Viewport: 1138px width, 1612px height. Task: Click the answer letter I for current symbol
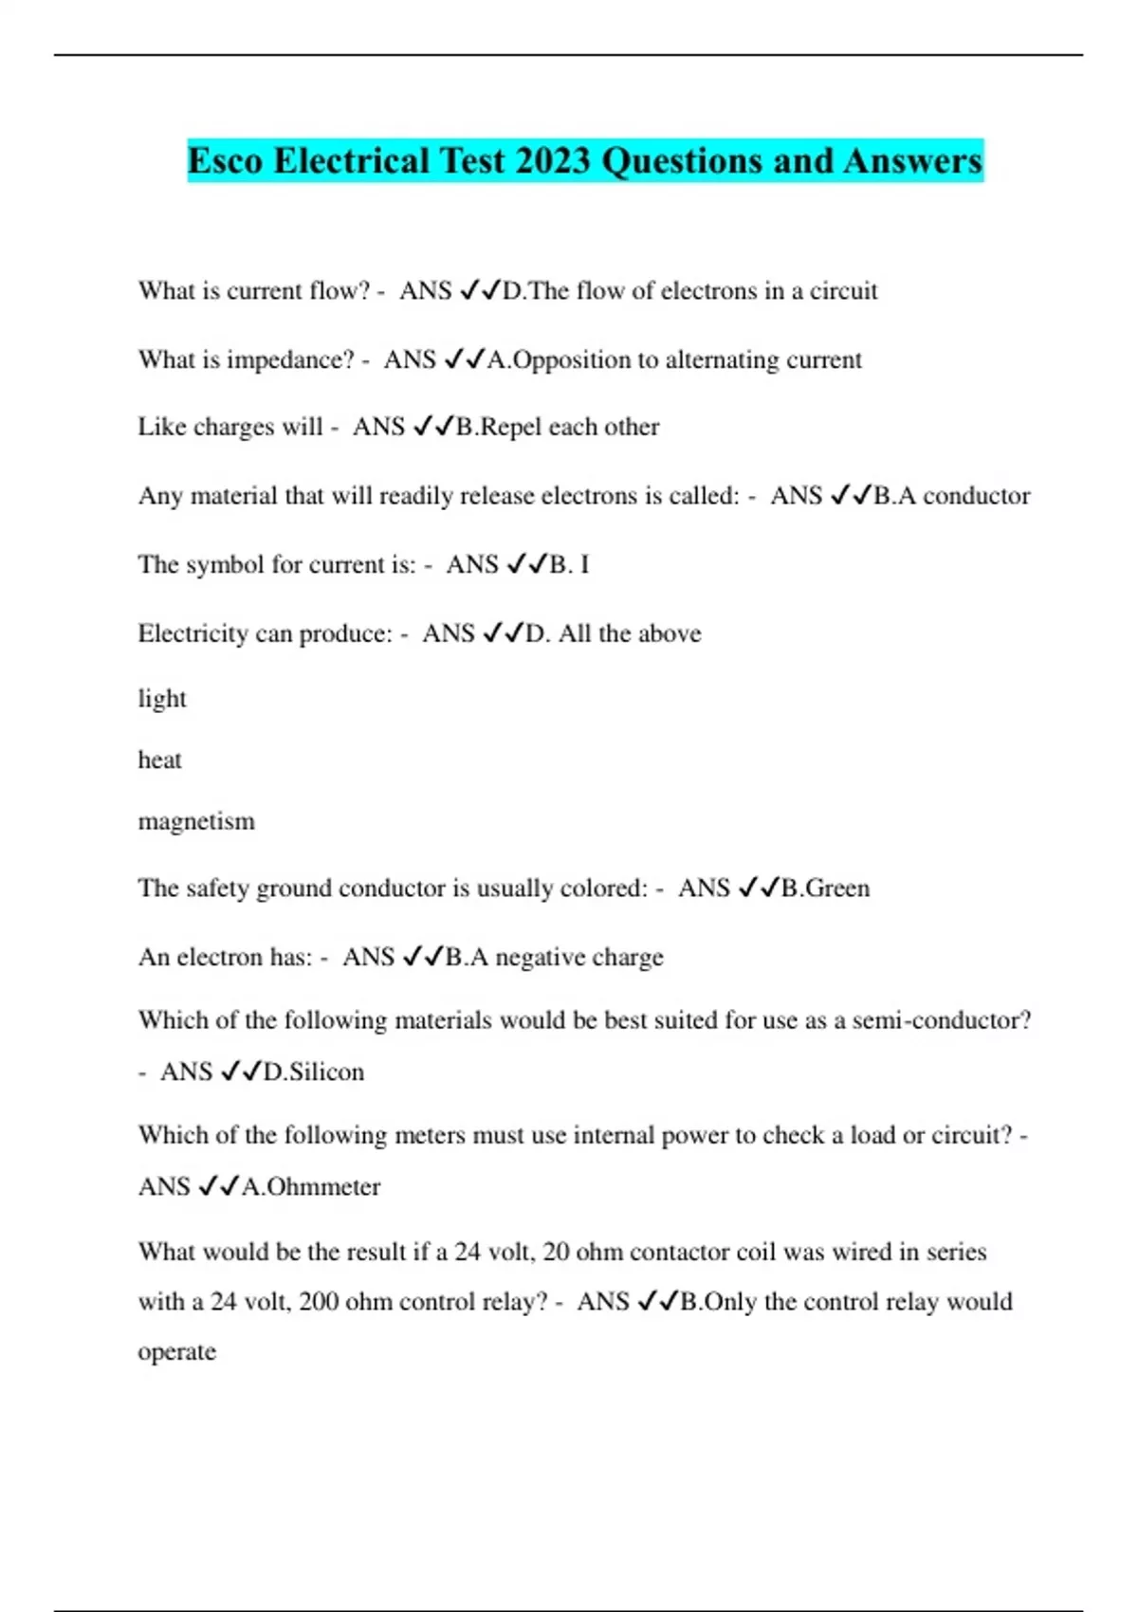(584, 565)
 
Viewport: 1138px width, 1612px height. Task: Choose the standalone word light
(162, 699)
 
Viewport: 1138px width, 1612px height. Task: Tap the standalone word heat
(159, 760)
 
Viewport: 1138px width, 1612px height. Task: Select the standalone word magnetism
(196, 821)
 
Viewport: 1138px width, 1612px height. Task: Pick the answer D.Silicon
(313, 1072)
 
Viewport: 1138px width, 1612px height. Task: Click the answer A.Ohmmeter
(311, 1187)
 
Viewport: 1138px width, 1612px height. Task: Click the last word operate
(177, 1352)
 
